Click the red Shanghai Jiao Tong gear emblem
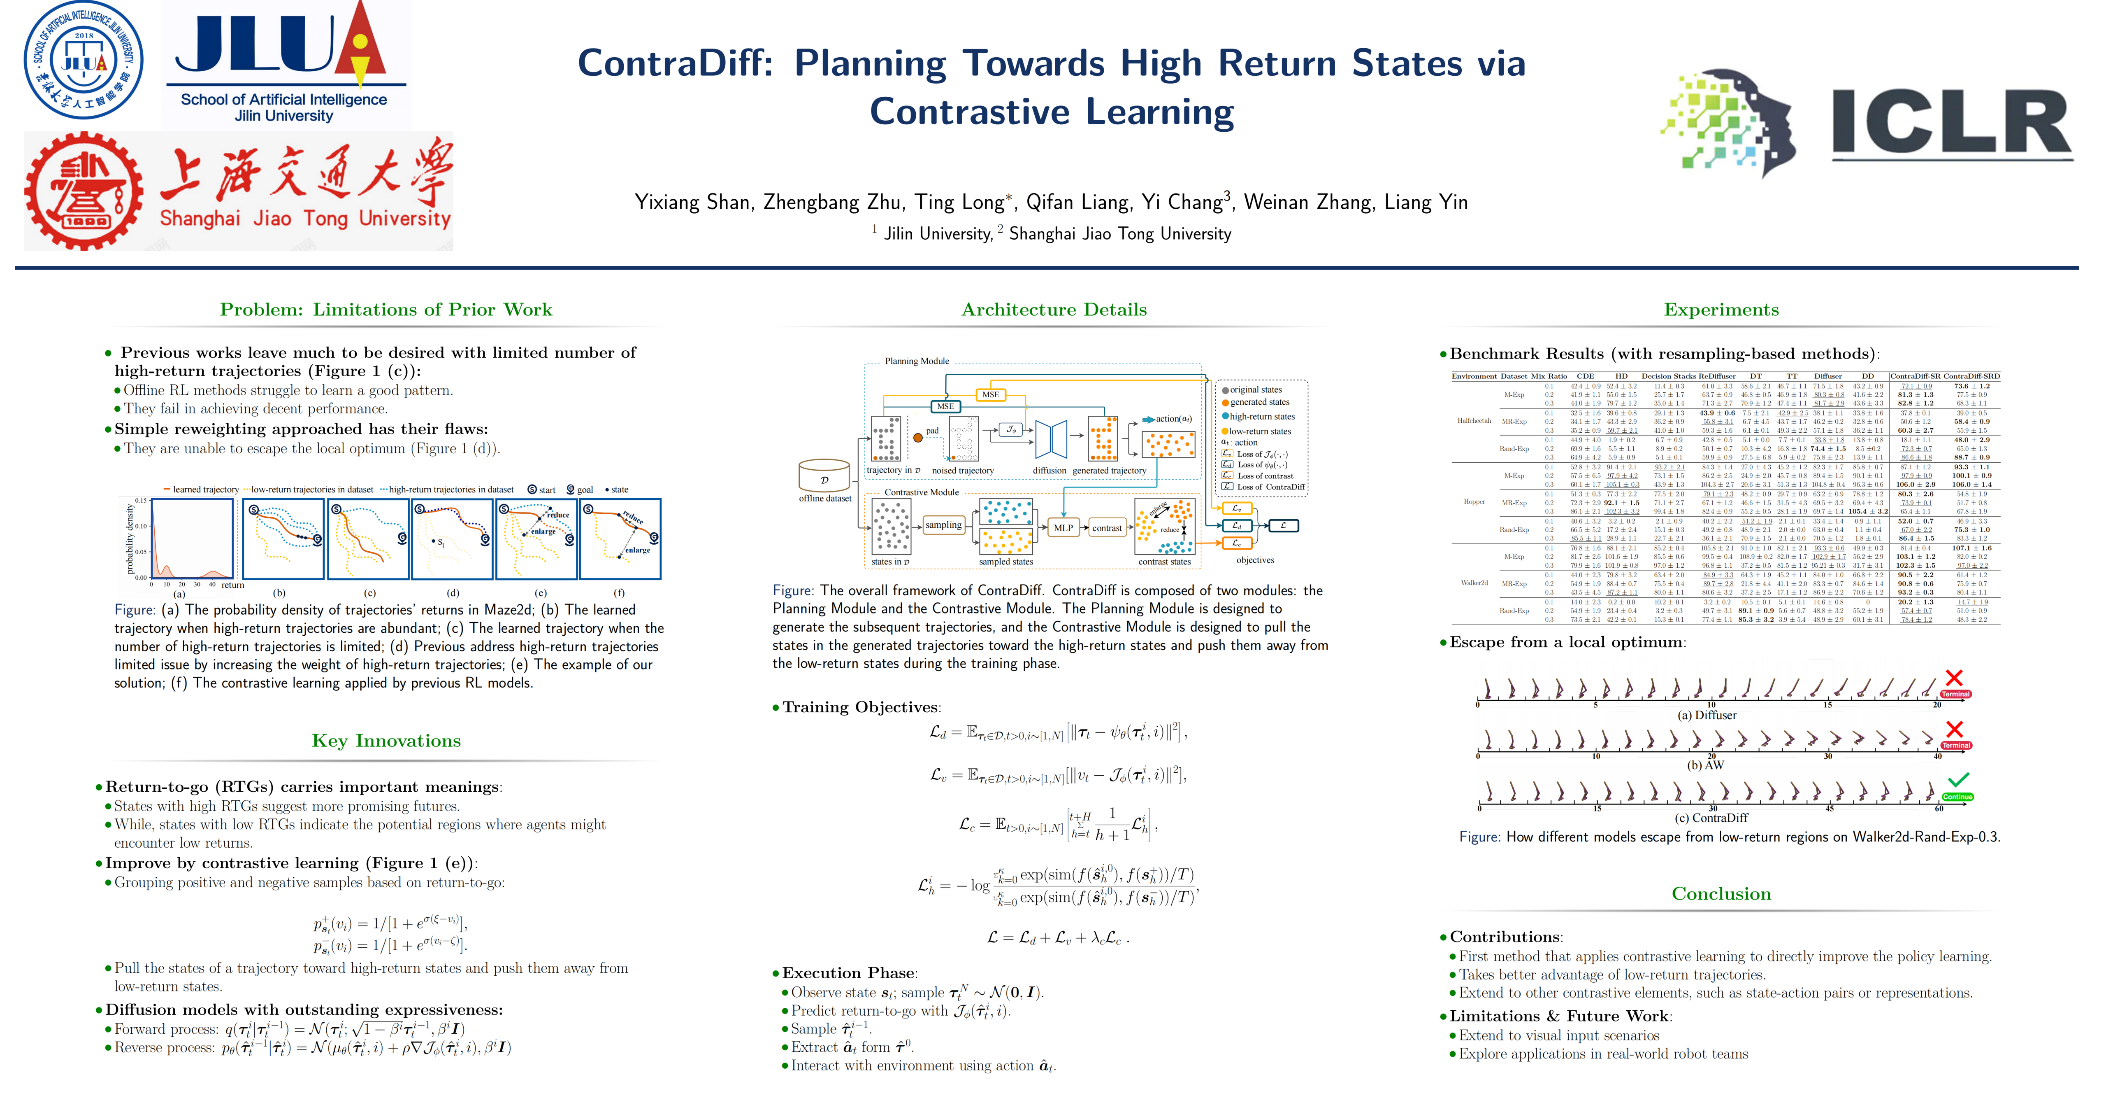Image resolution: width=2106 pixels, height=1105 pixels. pos(84,191)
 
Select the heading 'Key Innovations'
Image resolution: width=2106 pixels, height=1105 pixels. pos(386,740)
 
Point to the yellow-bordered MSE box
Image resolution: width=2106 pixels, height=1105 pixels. pos(990,394)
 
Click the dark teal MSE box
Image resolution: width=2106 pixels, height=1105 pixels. pos(945,406)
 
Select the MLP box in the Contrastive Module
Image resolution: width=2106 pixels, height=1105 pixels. pos(1063,527)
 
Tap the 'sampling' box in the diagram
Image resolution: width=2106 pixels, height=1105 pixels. pos(943,525)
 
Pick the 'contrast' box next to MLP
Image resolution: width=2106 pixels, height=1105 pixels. pos(1107,527)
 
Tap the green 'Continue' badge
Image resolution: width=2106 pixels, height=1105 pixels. pos(1957,797)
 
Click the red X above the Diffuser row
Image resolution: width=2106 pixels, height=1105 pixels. pos(1954,677)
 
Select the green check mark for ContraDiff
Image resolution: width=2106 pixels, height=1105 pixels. pos(1958,779)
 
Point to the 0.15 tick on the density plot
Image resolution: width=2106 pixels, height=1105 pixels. pos(141,501)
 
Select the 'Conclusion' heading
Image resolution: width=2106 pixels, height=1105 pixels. pos(1721,893)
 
